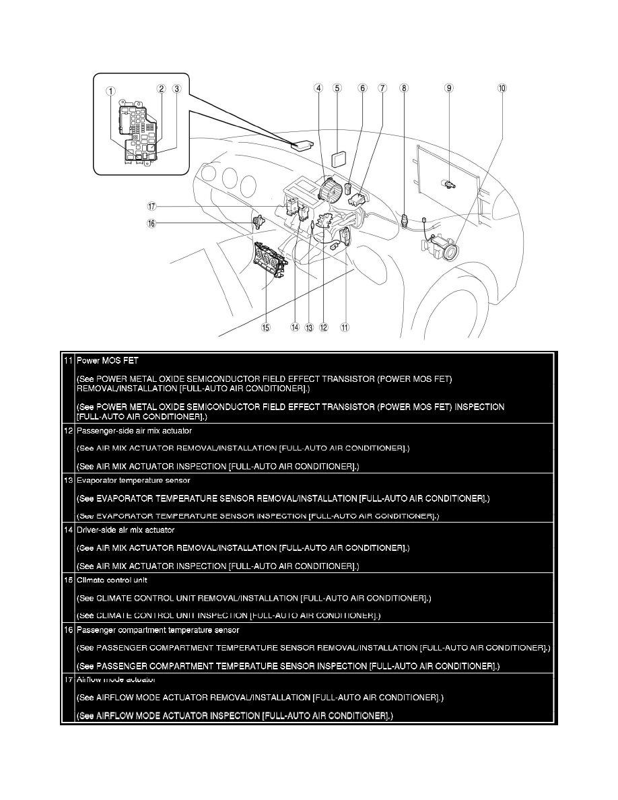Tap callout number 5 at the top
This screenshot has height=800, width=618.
[337, 88]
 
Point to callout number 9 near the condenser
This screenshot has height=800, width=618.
[449, 88]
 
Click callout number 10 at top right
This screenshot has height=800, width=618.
[502, 88]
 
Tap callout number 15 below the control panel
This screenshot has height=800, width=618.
[266, 327]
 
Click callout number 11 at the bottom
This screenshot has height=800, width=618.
[344, 327]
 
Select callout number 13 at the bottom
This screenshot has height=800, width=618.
[309, 327]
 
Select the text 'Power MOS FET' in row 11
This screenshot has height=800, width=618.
[108, 360]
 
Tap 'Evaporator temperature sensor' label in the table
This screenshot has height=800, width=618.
[133, 480]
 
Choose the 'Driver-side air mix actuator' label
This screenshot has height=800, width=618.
[126, 530]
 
